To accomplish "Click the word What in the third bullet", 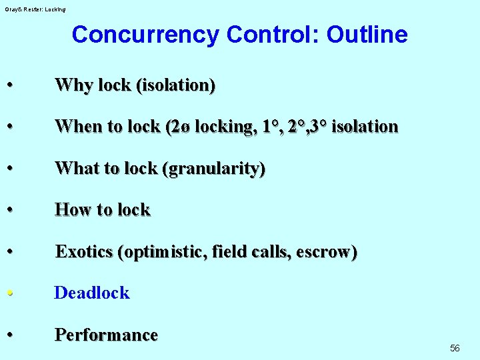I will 76,169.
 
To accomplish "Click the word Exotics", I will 84,252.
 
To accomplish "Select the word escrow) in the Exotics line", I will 328,252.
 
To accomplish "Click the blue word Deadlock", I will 92,293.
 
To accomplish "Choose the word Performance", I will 106,335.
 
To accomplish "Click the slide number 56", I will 455,348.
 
